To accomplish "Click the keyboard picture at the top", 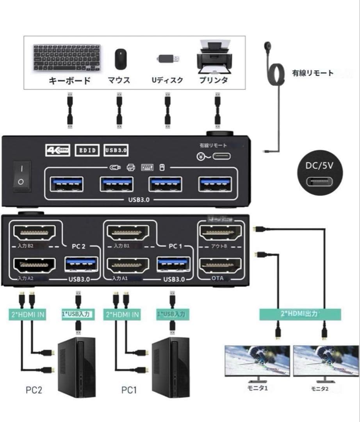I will point(66,57).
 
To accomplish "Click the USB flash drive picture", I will point(169,59).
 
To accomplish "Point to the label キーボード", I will point(70,81).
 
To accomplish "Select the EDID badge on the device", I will point(87,150).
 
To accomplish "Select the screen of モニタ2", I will point(326,361).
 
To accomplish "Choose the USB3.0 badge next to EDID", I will point(116,150).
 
